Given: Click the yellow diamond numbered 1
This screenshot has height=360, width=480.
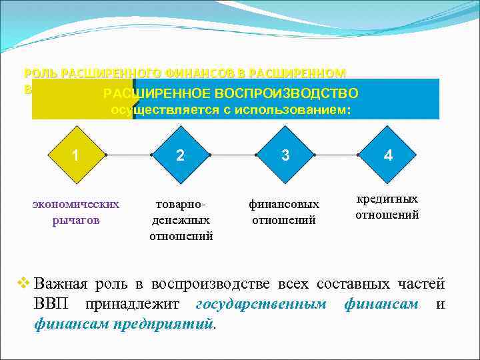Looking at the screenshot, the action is (x=77, y=155).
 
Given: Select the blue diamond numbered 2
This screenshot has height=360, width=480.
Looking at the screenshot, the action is (x=180, y=155).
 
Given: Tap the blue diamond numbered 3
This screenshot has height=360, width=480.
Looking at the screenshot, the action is (x=285, y=155).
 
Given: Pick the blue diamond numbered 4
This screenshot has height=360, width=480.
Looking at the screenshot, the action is (x=388, y=155).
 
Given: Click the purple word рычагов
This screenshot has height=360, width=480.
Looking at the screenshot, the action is (x=76, y=219).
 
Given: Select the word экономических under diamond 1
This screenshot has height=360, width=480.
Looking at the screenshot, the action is (x=76, y=203).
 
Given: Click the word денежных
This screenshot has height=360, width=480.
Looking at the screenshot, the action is (x=181, y=219).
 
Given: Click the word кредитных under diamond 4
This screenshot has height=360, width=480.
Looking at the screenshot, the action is (x=387, y=199).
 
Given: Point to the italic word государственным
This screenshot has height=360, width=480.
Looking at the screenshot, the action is (x=261, y=304).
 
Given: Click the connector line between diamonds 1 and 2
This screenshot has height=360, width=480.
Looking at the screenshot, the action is (x=129, y=155).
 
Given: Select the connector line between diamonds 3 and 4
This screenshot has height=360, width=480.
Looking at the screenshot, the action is (x=337, y=155).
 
